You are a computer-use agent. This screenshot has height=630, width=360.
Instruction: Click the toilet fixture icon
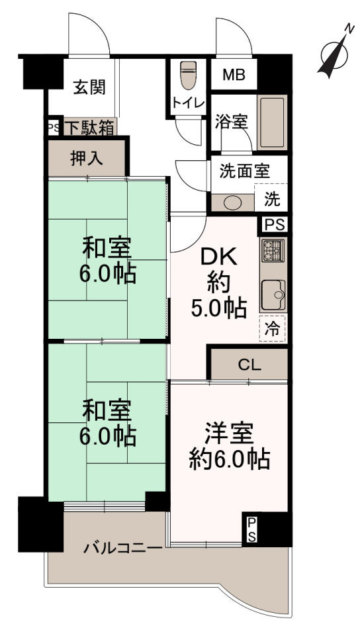coord(188,75)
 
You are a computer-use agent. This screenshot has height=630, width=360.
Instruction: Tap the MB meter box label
coord(234,74)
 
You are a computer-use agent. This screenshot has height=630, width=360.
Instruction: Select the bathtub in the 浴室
coord(272,122)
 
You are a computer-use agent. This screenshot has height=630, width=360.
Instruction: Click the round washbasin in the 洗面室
coord(233,203)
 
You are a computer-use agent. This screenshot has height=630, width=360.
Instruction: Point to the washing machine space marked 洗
coord(272,199)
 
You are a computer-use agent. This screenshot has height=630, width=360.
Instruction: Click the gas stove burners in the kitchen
coord(273,250)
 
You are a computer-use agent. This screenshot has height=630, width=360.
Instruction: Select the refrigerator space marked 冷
coord(273,329)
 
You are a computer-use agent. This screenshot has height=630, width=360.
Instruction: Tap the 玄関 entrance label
coord(89,87)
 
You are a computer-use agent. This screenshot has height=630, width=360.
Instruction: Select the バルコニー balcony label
coord(123,548)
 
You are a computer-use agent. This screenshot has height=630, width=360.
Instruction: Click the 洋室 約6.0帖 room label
coord(230,445)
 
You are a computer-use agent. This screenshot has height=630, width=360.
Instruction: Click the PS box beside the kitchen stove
coord(275,224)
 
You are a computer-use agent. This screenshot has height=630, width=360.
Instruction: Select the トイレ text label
coord(189,103)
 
